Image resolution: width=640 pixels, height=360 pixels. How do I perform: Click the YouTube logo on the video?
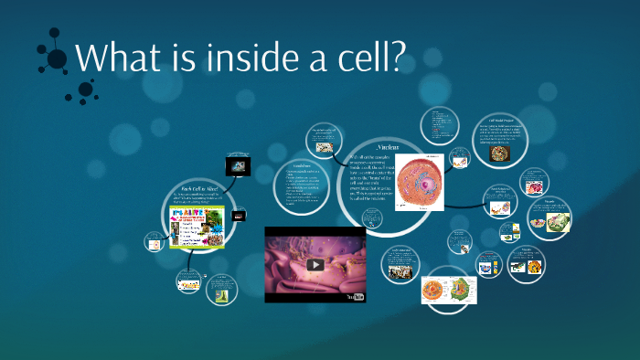[354, 297]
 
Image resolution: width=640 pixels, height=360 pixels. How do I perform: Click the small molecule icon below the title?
[86, 90]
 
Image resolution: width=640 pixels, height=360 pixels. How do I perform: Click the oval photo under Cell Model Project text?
[501, 154]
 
